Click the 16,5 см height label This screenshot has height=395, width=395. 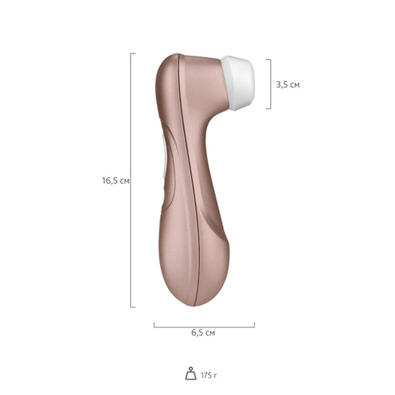115,181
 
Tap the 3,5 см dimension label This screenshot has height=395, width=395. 288,84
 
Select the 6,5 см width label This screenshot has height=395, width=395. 203,333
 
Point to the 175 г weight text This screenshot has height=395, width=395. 209,374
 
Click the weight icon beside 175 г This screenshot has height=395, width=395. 191,374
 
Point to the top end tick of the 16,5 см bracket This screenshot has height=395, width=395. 133,53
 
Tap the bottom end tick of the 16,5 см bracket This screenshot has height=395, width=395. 133,307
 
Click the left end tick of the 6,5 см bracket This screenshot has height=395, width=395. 154,325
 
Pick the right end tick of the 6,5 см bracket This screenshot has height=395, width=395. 254,325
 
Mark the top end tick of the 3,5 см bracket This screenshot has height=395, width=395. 269,60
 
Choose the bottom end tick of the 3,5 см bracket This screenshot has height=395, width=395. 269,108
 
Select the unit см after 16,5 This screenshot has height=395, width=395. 124,181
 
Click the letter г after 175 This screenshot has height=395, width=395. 215,375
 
